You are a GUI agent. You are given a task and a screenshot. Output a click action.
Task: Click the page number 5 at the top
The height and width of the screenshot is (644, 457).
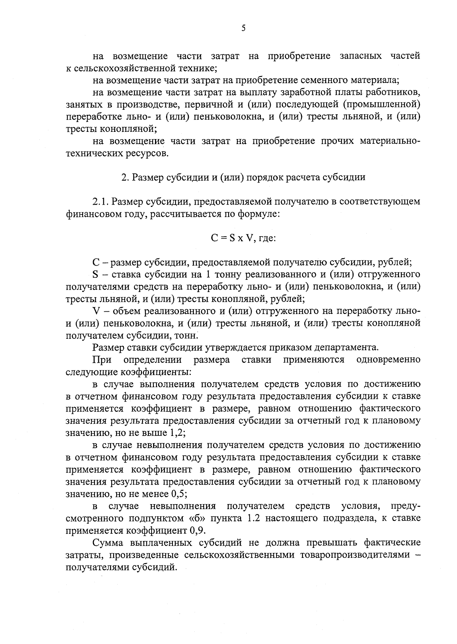pos(243,29)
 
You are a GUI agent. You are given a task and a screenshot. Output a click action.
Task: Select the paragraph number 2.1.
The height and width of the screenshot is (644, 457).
pos(101,202)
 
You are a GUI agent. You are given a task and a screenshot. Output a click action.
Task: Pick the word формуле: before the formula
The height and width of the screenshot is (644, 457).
pos(259,214)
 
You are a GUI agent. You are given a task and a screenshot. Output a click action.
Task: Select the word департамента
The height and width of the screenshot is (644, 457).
pos(349,348)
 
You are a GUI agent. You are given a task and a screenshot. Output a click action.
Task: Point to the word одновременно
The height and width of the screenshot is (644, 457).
pos(388,360)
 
